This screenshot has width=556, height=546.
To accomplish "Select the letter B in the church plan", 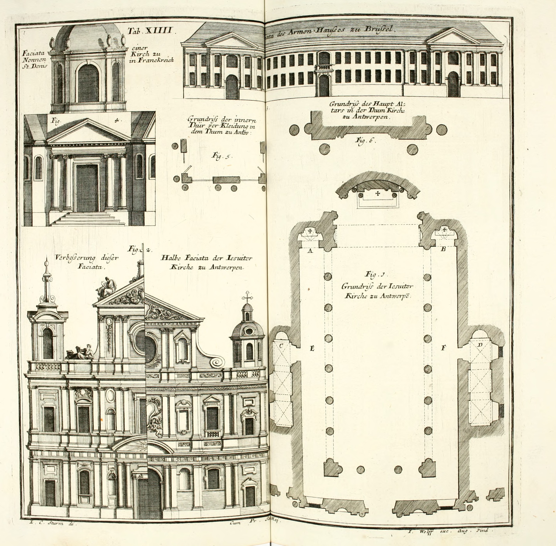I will pos(443,249).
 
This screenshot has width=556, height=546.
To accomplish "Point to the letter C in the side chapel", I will pos(281,346).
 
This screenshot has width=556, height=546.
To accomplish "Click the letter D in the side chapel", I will pos(480,344).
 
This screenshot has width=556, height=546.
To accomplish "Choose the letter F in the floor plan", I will pos(443,348).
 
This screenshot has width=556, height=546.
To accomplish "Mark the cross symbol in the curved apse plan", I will pos(378,194).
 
